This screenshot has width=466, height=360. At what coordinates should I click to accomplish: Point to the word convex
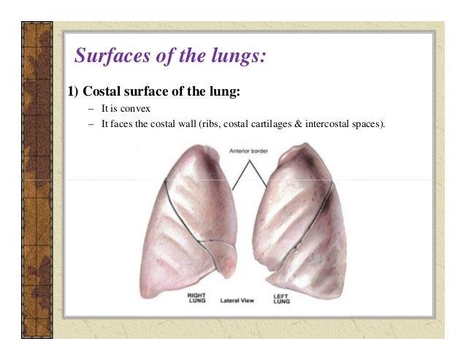[136, 109]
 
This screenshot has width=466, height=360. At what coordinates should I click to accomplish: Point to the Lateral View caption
[237, 299]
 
